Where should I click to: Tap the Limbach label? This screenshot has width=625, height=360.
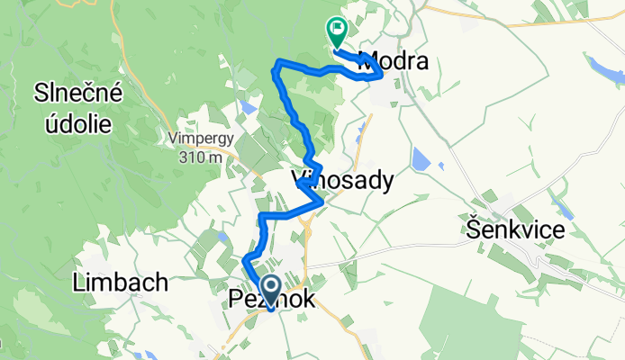click(x=119, y=283)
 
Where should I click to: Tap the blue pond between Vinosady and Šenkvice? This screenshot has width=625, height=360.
click(x=421, y=159)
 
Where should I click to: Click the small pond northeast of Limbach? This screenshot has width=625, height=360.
click(x=222, y=238)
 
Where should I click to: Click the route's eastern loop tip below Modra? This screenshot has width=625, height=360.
click(x=382, y=76)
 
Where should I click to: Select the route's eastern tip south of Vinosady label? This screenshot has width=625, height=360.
click(x=322, y=203)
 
